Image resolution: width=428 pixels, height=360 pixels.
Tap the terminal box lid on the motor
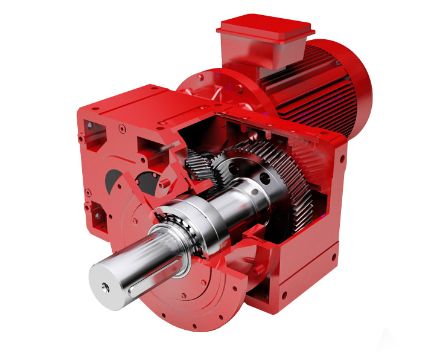(x=265, y=27)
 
